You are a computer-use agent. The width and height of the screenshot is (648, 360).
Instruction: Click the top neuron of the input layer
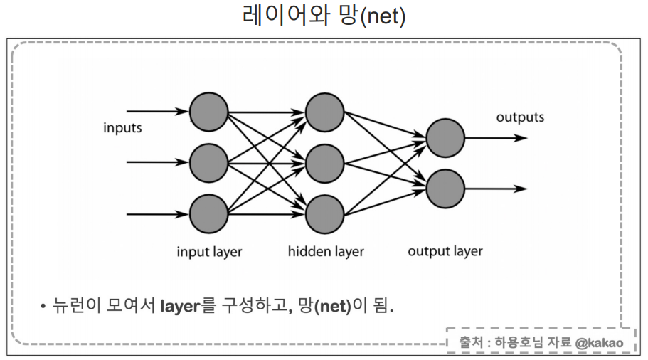coord(208,111)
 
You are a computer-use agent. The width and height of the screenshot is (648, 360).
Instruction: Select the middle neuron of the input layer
coord(208,162)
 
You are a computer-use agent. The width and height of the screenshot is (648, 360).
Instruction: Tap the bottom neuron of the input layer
coord(208,212)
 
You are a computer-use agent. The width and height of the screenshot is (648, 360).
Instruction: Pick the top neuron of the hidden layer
coord(325,111)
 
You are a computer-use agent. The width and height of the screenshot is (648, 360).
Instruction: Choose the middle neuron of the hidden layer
coord(325,162)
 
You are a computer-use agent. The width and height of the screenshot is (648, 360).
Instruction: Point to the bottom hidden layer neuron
coord(325,212)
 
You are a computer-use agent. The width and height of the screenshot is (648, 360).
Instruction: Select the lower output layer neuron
coord(445,188)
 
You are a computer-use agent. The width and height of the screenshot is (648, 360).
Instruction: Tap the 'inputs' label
coord(122,129)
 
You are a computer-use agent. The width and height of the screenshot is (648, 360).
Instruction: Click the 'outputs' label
coord(520,117)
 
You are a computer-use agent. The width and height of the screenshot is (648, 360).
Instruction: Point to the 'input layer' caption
coord(209,252)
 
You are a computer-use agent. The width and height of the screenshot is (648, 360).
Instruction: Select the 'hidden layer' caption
coord(326,251)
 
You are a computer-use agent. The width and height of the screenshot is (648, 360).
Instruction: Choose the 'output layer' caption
coord(445,251)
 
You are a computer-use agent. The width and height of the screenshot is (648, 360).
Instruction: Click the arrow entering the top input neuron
coord(157,111)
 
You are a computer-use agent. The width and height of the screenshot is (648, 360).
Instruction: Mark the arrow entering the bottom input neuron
coord(157,212)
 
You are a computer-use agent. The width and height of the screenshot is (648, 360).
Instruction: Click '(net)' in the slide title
coord(383,16)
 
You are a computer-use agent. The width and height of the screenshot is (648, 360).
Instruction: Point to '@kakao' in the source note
coord(600,343)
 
